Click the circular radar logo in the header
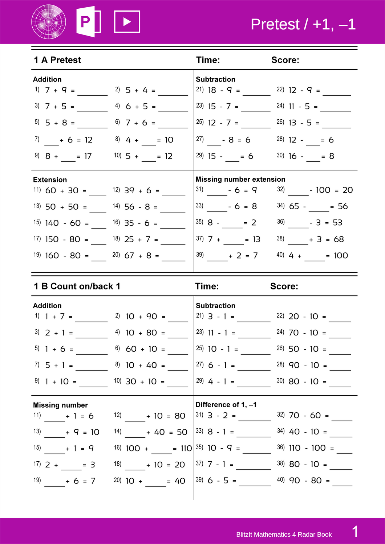(x=49, y=22)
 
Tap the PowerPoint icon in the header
(x=88, y=22)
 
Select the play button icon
(x=127, y=22)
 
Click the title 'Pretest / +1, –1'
(x=303, y=24)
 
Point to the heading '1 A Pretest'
(x=57, y=60)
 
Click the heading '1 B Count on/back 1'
(x=77, y=287)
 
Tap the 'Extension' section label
(x=50, y=180)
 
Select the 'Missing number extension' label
(x=240, y=179)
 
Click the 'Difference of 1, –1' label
(x=226, y=405)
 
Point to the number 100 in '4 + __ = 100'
(x=341, y=256)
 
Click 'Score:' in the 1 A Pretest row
(x=285, y=60)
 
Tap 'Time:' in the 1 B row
(x=207, y=287)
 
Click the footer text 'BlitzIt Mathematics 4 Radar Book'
(x=284, y=535)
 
